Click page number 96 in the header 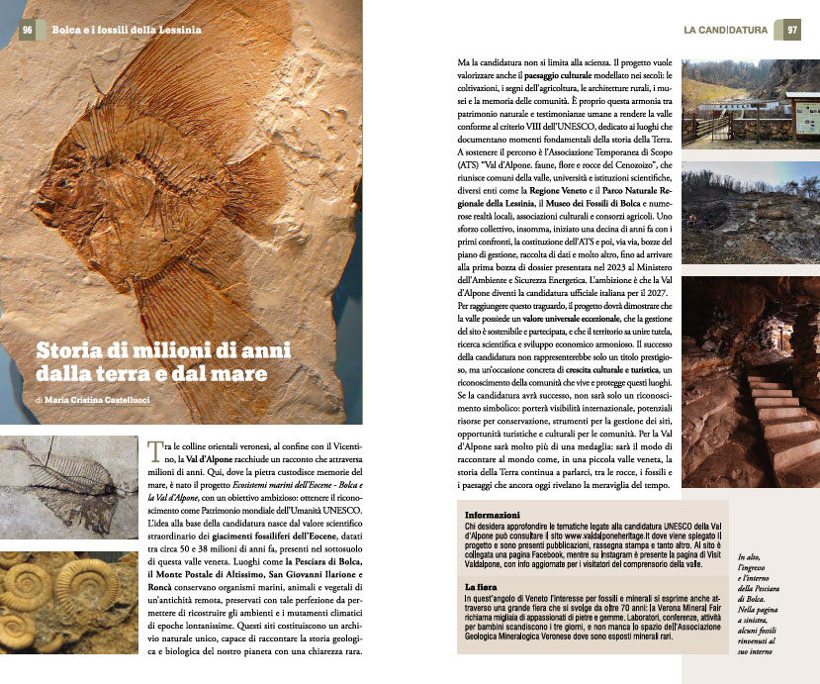pyautogui.click(x=27, y=30)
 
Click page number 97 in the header pyautogui.click(x=792, y=30)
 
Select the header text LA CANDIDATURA pyautogui.click(x=725, y=30)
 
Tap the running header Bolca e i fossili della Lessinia pyautogui.click(x=126, y=30)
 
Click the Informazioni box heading pyautogui.click(x=493, y=516)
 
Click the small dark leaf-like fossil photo pyautogui.click(x=69, y=486)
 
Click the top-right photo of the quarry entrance pyautogui.click(x=750, y=101)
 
